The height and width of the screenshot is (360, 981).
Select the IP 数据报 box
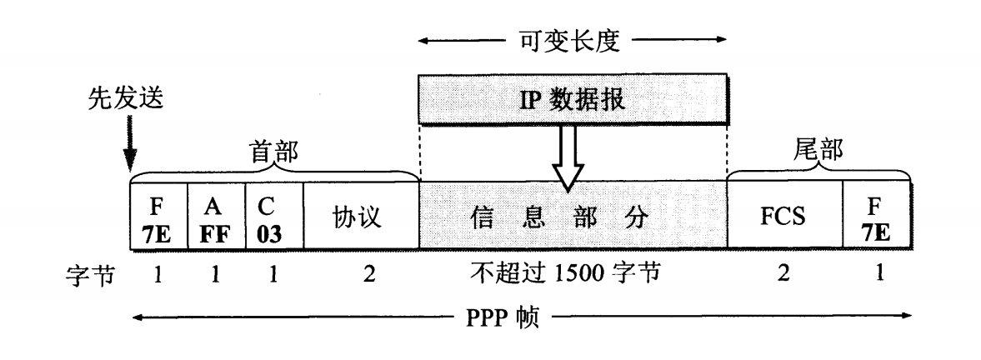(x=573, y=100)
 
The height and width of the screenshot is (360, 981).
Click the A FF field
(x=217, y=219)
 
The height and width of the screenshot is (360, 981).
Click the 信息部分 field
(x=573, y=219)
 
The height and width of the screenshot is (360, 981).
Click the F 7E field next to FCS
(x=878, y=219)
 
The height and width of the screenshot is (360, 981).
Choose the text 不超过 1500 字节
(x=573, y=272)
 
